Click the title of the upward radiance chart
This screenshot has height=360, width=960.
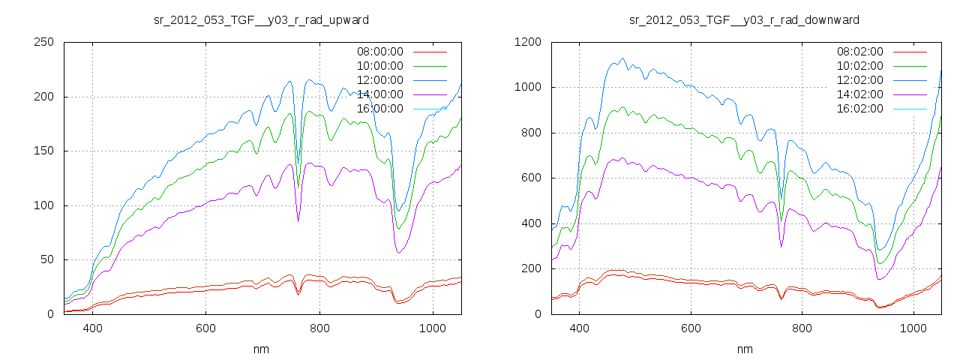(x=262, y=19)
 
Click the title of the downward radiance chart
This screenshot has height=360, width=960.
(x=744, y=19)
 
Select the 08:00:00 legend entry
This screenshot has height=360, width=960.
(x=379, y=52)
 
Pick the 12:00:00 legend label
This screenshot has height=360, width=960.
(x=379, y=80)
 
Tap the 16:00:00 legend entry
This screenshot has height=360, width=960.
(x=379, y=109)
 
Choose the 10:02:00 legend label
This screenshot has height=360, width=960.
(x=859, y=66)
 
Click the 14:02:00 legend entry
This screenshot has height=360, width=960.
(x=859, y=94)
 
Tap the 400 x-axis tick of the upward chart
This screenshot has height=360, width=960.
(x=93, y=328)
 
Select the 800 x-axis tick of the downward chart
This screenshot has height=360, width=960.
(x=802, y=328)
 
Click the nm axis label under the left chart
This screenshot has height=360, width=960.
(x=262, y=349)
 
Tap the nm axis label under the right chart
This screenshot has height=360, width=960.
(x=744, y=349)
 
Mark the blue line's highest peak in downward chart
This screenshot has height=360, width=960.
(x=622, y=58)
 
